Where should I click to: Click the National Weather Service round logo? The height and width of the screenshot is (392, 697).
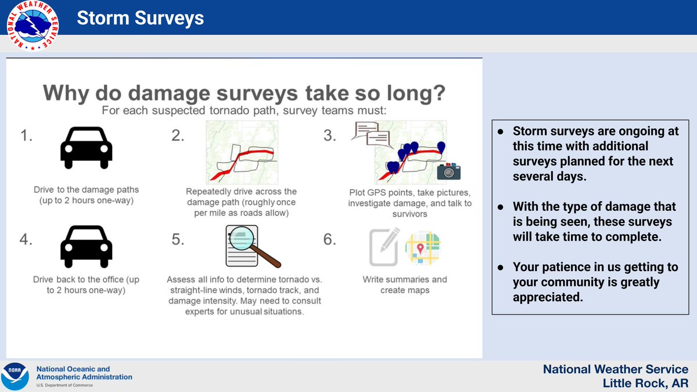33,26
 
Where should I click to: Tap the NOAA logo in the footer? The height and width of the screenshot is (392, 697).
15,376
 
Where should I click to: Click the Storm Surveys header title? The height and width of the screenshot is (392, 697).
141,18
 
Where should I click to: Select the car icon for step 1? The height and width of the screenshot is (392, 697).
86,148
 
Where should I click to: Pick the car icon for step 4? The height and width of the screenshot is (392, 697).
86,246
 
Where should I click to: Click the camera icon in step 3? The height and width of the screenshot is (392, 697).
448,171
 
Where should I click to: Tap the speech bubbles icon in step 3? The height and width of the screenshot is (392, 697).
372,135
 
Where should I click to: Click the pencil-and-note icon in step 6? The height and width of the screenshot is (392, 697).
385,247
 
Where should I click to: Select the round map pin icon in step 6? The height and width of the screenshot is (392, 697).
423,247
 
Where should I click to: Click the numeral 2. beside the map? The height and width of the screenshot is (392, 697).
178,136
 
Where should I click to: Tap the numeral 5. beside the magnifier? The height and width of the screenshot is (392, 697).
178,239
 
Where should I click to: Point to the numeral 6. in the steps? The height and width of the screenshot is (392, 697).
330,239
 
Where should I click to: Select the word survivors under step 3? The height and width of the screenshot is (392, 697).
409,214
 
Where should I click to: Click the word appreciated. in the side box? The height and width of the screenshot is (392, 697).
548,297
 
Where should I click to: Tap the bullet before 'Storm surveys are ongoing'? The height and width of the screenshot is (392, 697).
500,132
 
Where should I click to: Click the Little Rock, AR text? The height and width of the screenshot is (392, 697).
645,383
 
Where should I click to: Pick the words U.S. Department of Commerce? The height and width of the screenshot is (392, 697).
64,385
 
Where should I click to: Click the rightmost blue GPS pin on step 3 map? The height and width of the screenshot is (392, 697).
441,147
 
